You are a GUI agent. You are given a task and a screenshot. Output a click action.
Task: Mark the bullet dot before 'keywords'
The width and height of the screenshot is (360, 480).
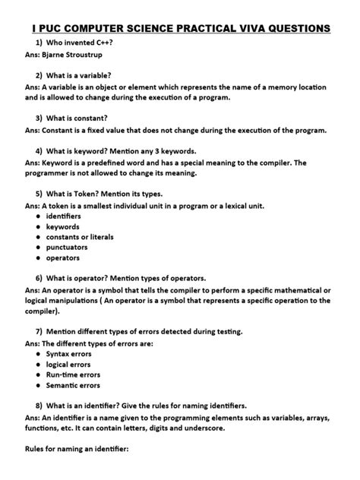tap(38, 226)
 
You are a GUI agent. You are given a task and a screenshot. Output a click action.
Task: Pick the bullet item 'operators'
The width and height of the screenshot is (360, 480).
tap(64, 258)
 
